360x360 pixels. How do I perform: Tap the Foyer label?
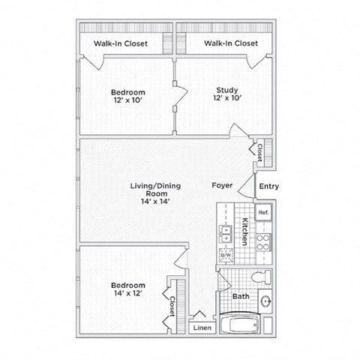tap(222, 185)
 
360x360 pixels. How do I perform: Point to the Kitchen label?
tap(244, 232)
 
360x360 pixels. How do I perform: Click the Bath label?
tap(241, 296)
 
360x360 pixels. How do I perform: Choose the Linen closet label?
tap(201, 328)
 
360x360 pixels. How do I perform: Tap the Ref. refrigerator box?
tap(263, 212)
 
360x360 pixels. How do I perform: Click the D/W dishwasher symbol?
tap(225, 255)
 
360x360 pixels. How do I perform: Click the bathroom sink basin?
tap(265, 302)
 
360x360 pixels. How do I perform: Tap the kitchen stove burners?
tap(263, 241)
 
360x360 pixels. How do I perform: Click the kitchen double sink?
tap(224, 233)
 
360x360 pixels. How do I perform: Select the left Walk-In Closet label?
tap(121, 43)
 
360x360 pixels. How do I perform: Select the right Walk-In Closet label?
tap(232, 43)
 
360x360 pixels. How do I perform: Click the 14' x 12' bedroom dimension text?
tap(128, 294)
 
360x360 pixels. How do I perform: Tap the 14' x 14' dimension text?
tap(150, 200)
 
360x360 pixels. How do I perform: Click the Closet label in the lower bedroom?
tap(172, 305)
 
